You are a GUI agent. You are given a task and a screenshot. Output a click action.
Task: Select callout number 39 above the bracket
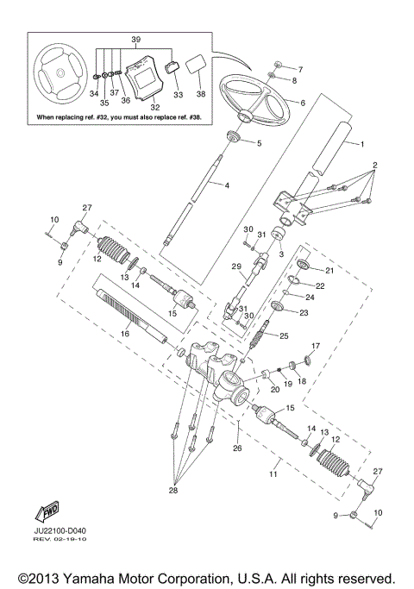click(x=134, y=41)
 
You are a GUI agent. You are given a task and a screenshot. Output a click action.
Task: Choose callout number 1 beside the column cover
click(x=362, y=143)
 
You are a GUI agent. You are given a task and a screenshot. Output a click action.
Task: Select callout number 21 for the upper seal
click(x=329, y=270)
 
